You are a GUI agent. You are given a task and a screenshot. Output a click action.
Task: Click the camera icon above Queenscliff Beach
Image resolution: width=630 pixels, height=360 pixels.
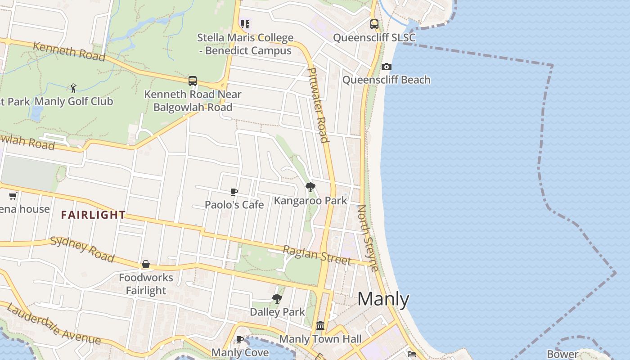[x=386, y=67]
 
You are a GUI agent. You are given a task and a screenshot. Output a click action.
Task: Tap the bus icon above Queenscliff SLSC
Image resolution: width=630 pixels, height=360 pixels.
[x=374, y=24]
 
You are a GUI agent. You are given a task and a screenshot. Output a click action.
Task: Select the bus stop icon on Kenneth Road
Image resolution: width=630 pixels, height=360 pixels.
[x=193, y=81]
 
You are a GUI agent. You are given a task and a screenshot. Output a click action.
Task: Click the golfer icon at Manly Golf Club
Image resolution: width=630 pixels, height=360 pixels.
[x=73, y=88]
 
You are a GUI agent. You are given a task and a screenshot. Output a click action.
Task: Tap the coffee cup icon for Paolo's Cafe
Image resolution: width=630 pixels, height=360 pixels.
[x=234, y=192]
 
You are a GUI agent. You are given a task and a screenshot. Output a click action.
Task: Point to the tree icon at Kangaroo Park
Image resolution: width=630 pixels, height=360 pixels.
[x=310, y=187]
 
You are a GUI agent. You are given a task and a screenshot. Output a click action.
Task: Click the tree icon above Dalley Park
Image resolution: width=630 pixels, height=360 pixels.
[x=277, y=298]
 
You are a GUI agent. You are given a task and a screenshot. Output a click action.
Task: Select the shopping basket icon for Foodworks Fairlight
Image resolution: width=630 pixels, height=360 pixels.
[x=145, y=264]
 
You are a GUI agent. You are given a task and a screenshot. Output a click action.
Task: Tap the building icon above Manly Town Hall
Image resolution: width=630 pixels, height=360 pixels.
[x=320, y=325]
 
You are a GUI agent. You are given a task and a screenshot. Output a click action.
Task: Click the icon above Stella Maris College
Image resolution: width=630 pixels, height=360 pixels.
[x=245, y=24]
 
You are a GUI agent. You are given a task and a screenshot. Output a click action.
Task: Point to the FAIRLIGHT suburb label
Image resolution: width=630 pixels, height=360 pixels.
[x=93, y=215]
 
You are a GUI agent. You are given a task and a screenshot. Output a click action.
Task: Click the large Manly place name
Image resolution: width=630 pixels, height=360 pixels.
[x=383, y=300]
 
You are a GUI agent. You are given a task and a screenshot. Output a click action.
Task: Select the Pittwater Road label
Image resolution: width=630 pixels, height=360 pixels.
[x=318, y=104]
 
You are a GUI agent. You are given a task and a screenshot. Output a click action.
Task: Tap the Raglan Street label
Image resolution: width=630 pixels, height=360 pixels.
[x=316, y=255]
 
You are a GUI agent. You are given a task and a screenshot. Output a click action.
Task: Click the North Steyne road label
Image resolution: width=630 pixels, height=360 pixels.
[x=367, y=238]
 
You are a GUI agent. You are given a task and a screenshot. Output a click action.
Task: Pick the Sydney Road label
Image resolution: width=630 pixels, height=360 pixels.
[x=82, y=248]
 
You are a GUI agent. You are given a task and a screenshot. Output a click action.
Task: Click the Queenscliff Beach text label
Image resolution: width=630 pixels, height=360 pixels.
[x=387, y=80]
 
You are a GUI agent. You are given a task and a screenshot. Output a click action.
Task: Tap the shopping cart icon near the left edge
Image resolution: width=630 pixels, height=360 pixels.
[x=13, y=196]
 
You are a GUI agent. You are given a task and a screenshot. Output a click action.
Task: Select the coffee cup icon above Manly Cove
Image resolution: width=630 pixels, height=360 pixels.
[x=240, y=339]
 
